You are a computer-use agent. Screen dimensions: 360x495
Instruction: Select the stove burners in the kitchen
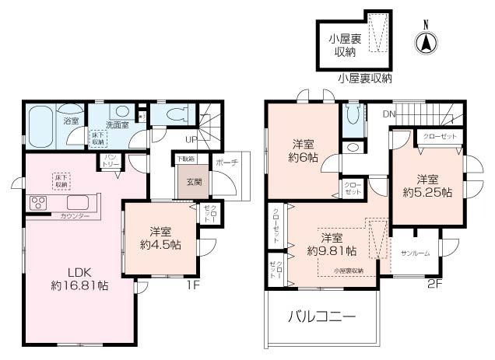39,204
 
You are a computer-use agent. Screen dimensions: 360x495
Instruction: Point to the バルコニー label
321,316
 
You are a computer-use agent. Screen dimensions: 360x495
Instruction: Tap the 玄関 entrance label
193,182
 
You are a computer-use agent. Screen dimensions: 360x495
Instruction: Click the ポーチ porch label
226,164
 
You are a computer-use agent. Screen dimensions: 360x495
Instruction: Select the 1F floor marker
193,285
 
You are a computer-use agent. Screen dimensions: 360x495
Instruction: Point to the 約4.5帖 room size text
161,244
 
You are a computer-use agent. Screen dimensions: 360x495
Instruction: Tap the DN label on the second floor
388,114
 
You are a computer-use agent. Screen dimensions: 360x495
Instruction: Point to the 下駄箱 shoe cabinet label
184,159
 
